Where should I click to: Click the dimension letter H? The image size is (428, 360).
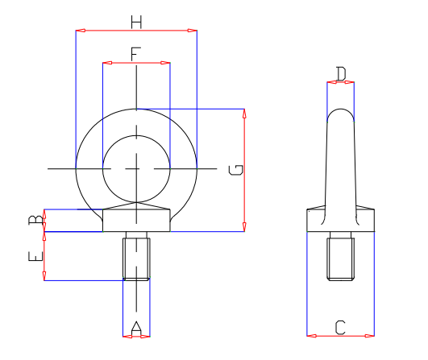click(136, 22)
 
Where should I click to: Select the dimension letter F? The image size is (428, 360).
click(136, 53)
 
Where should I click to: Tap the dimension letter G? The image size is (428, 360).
click(235, 170)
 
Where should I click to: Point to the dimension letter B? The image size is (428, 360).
click(35, 221)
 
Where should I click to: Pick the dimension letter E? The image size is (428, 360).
click(35, 257)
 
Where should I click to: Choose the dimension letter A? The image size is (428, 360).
click(136, 327)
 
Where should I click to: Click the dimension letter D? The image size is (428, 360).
click(341, 74)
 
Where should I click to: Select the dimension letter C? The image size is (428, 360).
click(340, 327)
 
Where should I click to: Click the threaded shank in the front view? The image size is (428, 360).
click(136, 257)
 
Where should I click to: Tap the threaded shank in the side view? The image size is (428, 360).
click(340, 258)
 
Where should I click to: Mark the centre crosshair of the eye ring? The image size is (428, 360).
click(136, 168)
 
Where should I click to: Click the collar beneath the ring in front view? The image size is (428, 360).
click(136, 220)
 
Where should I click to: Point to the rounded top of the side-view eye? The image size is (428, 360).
click(340, 113)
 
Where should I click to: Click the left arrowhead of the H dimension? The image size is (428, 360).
click(79, 31)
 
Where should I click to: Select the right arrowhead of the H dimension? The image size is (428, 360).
click(193, 31)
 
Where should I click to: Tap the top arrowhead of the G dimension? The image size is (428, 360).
click(244, 113)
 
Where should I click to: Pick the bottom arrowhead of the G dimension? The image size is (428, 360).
click(244, 228)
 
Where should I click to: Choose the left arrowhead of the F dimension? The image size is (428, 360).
click(106, 63)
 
